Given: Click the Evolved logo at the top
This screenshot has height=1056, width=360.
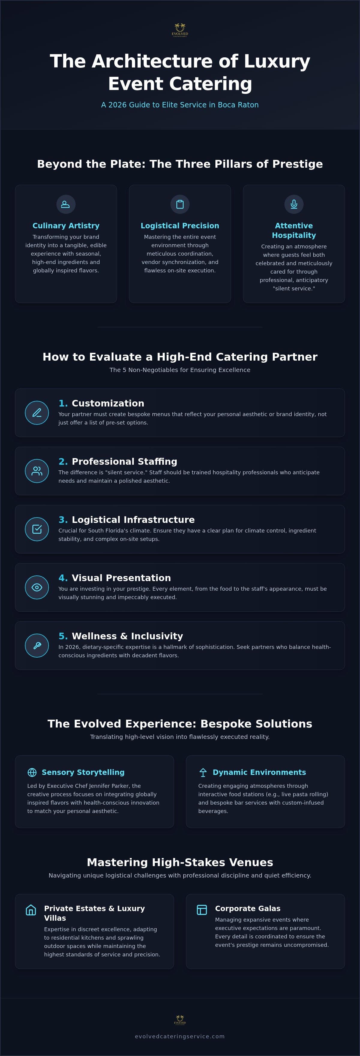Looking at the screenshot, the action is (180, 30).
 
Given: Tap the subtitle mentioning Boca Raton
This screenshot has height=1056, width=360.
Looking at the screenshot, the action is (180, 105).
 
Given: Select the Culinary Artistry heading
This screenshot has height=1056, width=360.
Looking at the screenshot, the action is (66, 226).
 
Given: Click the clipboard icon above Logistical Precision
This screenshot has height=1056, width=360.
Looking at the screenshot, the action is (180, 204).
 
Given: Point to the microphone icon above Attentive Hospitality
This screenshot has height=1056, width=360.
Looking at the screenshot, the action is (294, 204).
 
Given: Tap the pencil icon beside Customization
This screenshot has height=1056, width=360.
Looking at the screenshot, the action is (37, 413).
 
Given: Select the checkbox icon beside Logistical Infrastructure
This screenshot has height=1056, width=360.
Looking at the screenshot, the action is (37, 529).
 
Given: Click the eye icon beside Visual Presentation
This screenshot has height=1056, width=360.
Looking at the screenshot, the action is (37, 587).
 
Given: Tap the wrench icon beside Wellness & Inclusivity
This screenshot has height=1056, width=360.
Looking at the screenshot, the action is (37, 646).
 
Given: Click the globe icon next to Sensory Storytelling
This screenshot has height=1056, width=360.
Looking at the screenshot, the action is (32, 772).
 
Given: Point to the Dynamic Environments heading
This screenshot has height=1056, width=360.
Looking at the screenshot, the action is (259, 772).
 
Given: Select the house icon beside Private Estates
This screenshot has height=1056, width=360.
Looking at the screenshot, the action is (31, 910).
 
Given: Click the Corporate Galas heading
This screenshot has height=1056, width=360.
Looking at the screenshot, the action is (248, 908).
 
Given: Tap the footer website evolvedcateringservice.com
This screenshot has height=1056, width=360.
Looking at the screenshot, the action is (180, 1036).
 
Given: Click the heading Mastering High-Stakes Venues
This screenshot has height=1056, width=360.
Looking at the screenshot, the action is (180, 862).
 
